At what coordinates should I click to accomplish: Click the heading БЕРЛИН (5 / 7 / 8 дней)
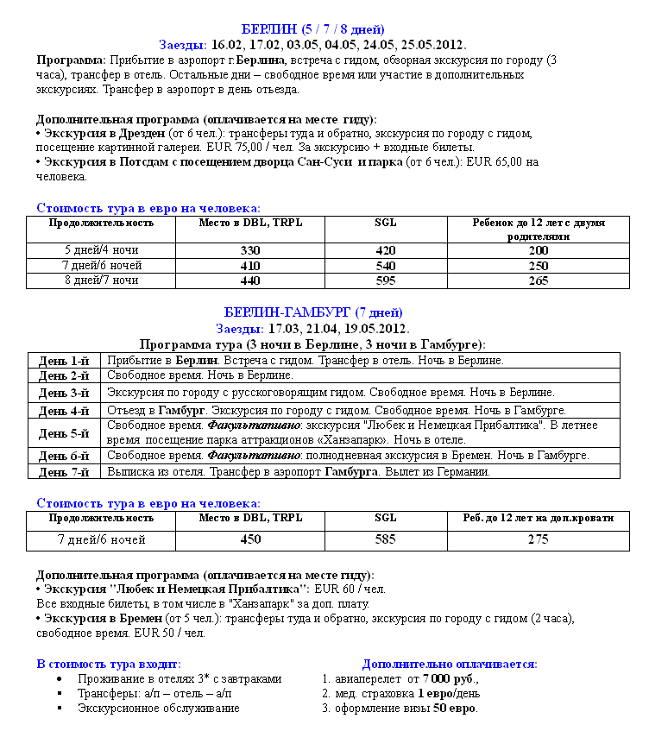click(x=313, y=30)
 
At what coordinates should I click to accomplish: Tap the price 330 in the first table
click(x=249, y=250)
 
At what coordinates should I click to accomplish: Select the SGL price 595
click(x=386, y=280)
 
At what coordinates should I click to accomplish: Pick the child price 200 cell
click(x=538, y=250)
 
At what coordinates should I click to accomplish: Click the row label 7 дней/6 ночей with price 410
click(x=102, y=266)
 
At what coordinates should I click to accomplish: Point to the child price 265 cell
click(x=538, y=280)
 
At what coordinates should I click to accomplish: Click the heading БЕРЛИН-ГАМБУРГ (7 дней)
click(x=313, y=312)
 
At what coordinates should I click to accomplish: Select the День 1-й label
click(x=64, y=361)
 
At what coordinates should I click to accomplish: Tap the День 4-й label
click(x=64, y=411)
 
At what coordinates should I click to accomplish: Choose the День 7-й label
click(x=64, y=472)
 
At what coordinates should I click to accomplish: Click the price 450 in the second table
click(x=249, y=540)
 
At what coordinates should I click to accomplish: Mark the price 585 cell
click(x=386, y=540)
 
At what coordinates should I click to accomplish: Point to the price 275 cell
click(x=538, y=540)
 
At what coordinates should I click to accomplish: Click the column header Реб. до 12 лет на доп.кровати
click(x=532, y=519)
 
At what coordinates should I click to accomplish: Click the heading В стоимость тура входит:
click(x=109, y=664)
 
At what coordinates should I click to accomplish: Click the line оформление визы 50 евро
click(x=406, y=709)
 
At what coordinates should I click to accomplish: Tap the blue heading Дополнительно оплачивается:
click(x=450, y=664)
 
